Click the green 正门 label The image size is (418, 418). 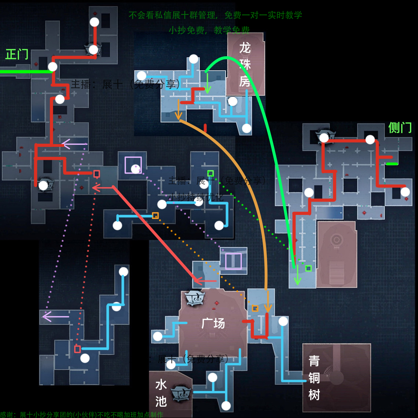coord(17,54)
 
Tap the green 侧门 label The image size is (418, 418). coord(400,128)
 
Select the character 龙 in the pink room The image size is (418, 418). coord(245,48)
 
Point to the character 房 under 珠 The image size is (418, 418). coord(245,81)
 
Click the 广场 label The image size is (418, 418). coord(213,323)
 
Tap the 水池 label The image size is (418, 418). coord(161,393)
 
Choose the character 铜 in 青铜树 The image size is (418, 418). coord(314,378)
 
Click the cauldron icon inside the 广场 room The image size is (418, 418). coord(195,298)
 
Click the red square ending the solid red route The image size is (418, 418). coord(96,174)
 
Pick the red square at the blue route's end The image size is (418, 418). coord(77,349)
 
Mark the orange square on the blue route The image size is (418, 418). coord(155,216)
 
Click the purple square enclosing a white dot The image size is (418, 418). coord(133,165)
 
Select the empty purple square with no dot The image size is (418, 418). coord(234,261)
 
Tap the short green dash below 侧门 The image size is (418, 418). coord(392,164)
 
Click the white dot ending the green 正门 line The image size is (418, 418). coord(53,67)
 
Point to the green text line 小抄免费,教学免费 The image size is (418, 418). coord(209,30)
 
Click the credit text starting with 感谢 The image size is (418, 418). coord(81,414)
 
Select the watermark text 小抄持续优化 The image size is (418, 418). coord(196,197)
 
